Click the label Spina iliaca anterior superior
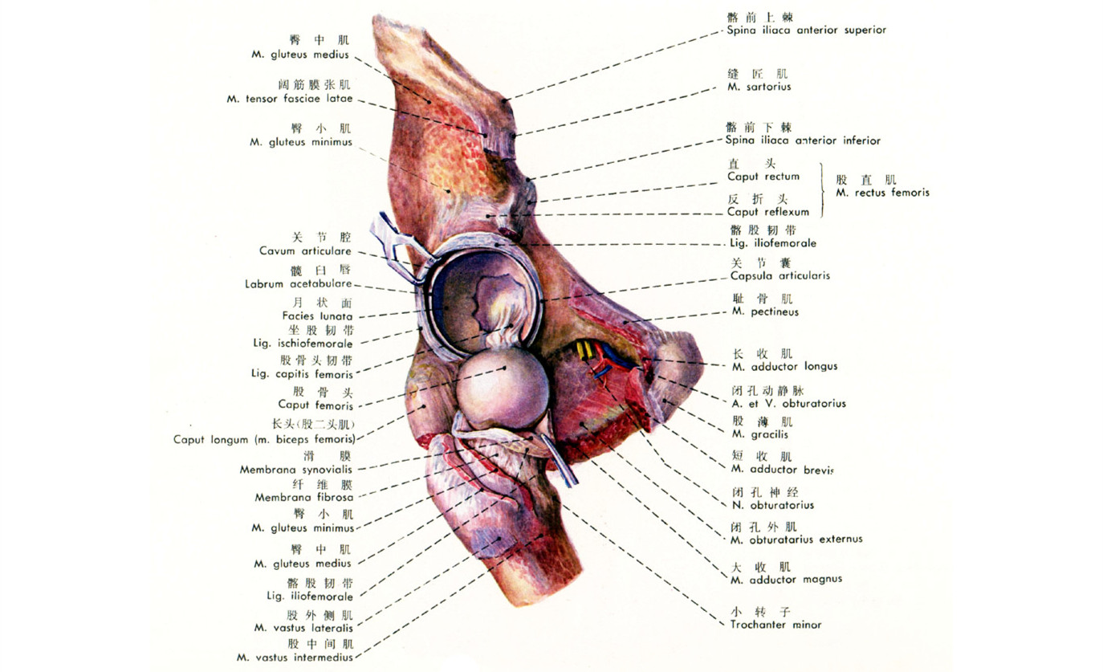(x=806, y=31)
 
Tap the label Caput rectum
(x=763, y=177)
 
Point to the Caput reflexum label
(x=767, y=212)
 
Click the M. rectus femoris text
(x=882, y=193)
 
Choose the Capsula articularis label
(x=779, y=275)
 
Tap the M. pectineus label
(x=765, y=312)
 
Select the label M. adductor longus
(x=784, y=366)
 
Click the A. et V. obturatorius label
(x=788, y=403)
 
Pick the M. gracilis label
(x=759, y=434)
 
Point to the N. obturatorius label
(x=772, y=505)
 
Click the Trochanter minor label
(x=775, y=624)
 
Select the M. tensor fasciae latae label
(x=289, y=100)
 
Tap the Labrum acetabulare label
(x=299, y=283)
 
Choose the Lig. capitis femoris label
(x=301, y=374)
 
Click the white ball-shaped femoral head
(x=502, y=392)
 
